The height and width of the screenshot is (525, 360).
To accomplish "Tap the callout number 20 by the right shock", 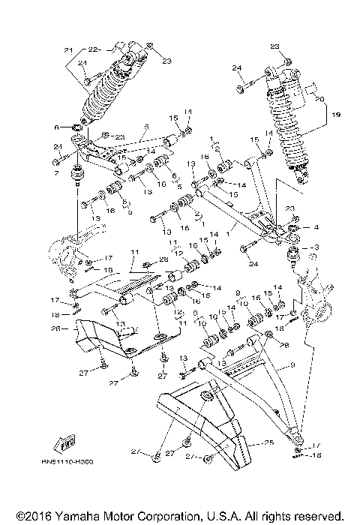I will [319, 98].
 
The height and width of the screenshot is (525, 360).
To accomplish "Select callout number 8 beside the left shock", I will [55, 127].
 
